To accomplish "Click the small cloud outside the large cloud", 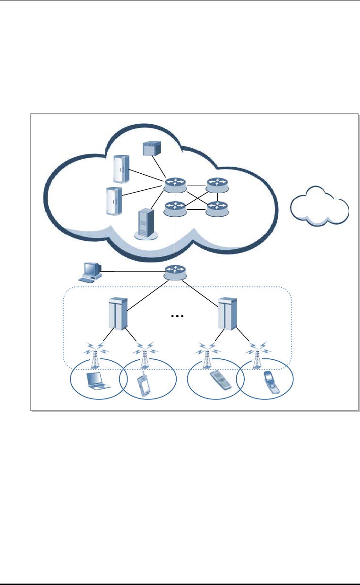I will click(x=320, y=207).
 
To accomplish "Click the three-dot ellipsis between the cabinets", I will click(x=176, y=316).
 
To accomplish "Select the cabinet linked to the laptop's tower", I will click(x=117, y=313).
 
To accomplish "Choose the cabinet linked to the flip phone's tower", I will click(x=227, y=313).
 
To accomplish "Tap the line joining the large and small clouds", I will click(x=285, y=208).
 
